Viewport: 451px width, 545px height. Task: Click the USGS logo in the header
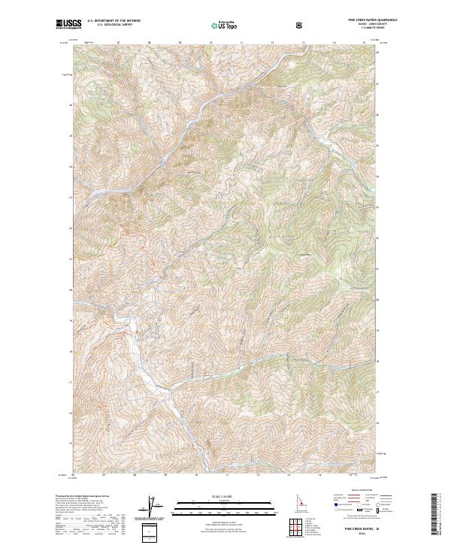(x=68, y=25)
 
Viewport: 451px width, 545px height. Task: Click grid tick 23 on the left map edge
(x=72, y=197)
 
